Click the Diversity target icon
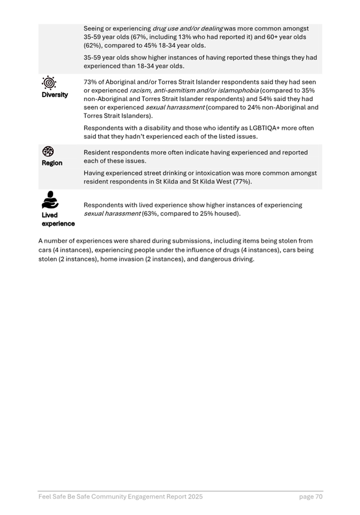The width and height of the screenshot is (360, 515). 49,83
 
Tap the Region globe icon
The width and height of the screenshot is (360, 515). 49,151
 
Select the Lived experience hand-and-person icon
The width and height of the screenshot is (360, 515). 50,200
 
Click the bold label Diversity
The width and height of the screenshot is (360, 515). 55,95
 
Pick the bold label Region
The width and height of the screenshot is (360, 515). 52,163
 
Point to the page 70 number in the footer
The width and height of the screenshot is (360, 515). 310,497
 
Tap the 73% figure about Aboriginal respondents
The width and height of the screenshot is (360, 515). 90,82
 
